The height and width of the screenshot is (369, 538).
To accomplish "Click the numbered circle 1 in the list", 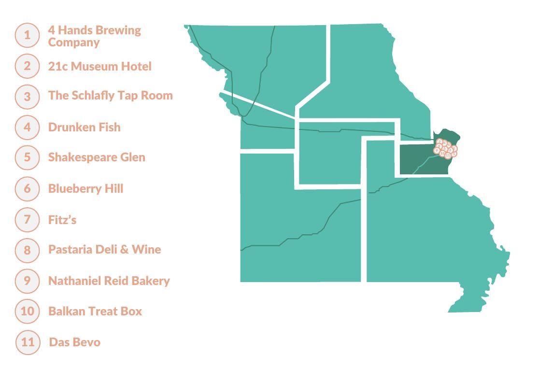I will pos(27,35).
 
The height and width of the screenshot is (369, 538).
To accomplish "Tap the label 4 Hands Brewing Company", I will pos(94,36).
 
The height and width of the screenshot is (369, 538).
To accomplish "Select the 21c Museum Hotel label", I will pos(99,66).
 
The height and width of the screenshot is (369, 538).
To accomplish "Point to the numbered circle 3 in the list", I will pos(27,97).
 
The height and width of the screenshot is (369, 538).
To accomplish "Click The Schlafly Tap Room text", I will pos(110,95).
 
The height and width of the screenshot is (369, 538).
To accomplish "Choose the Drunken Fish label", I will pos(84,127).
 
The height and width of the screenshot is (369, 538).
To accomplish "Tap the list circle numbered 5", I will pos(27,157).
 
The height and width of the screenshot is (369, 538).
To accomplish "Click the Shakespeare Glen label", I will pos(97,157).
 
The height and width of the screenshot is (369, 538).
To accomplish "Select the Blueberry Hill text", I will pos(85,188).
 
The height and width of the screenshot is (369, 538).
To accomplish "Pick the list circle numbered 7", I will pos(27,220).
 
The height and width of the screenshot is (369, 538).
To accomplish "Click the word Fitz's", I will pos(62,220).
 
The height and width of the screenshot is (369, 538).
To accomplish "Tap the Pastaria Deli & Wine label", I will pos(104,249).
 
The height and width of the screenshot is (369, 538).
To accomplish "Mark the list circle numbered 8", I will pos(27,250).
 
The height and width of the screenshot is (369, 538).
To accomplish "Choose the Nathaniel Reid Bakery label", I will pos(109,281).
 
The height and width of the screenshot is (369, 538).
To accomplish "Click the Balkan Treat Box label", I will pos(95,311).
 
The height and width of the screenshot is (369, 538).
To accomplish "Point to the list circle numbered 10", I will pos(27,311).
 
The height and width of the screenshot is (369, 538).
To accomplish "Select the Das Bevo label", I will pos(74,342).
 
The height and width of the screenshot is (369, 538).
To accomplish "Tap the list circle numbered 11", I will pos(28,342).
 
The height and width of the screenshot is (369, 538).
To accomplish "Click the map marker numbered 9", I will pos(437,151).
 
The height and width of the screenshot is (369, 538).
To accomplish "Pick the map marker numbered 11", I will pos(448,156).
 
